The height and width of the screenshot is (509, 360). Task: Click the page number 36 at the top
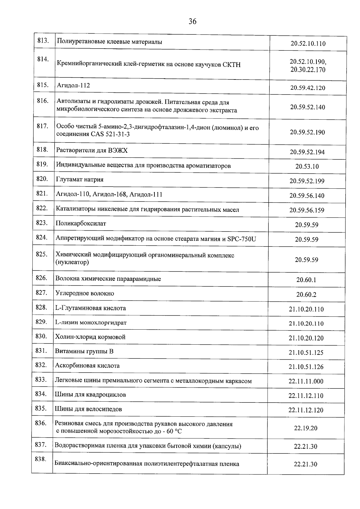192,21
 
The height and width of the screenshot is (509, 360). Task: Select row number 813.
43,41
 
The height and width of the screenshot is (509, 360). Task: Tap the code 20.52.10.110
308,43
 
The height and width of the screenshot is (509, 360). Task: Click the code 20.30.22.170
308,70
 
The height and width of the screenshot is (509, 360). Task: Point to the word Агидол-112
73,85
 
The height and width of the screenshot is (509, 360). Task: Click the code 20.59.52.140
307,107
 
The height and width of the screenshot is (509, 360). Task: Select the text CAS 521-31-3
110,134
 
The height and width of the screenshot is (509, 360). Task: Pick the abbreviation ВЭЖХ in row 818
118,150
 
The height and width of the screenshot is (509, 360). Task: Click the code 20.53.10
307,166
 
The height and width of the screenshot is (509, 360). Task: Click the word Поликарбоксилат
81,223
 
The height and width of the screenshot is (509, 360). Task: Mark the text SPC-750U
241,239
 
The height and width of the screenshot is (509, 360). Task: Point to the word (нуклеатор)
72,262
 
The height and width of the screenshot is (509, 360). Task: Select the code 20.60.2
306,295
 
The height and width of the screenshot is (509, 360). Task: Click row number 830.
41,336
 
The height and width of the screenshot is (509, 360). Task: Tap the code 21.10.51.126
306,367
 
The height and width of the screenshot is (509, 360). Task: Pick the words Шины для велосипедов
88,409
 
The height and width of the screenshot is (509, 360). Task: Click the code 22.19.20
305,428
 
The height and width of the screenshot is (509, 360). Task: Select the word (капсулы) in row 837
226,446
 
